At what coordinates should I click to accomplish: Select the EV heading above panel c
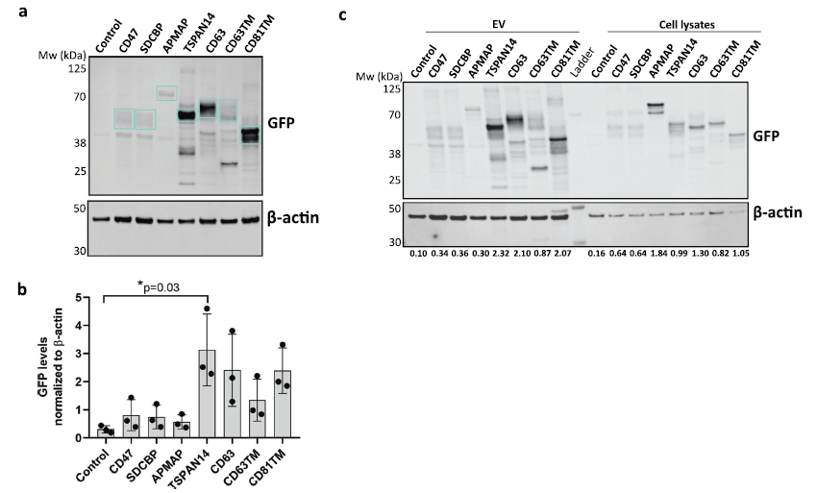pyautogui.click(x=495, y=21)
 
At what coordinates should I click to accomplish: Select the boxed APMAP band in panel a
pyautogui.click(x=166, y=93)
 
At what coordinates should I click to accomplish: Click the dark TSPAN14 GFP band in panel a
pyautogui.click(x=186, y=115)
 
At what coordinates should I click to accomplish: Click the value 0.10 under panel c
pyautogui.click(x=417, y=254)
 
